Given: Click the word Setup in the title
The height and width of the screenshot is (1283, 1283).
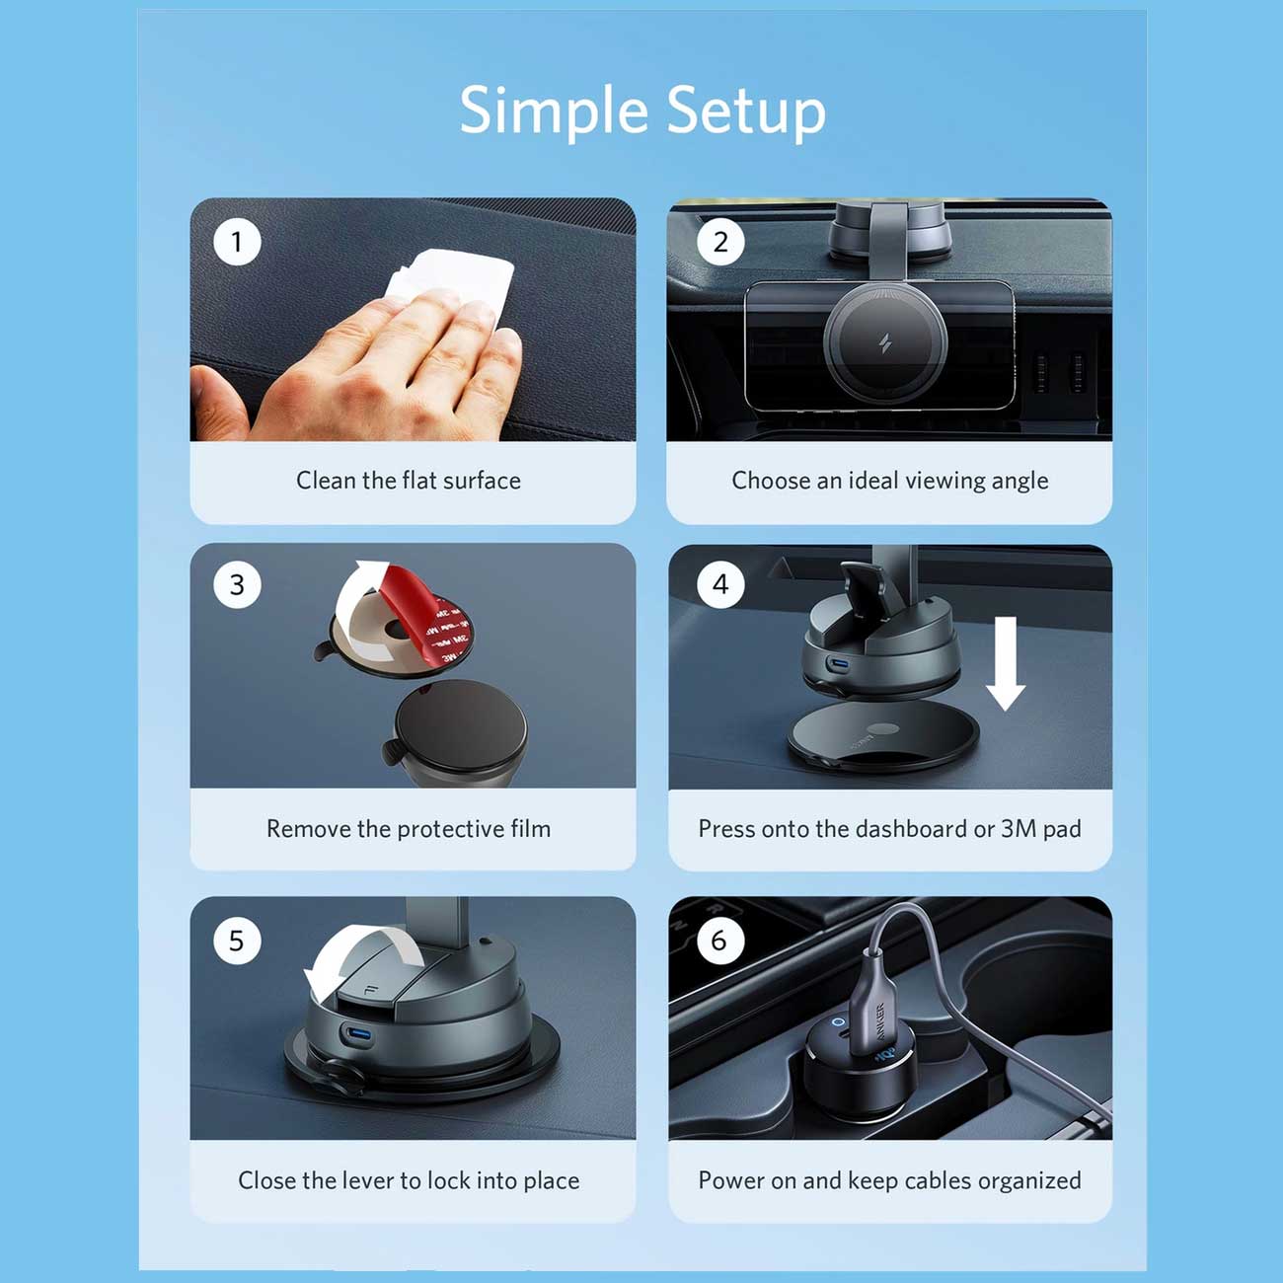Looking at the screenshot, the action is coord(746,111).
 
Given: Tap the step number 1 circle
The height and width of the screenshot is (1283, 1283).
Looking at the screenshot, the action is coord(236,242).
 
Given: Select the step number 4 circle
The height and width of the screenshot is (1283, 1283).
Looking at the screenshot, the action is coord(720,584).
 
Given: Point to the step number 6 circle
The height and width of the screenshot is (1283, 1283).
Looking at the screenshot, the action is coord(719,941).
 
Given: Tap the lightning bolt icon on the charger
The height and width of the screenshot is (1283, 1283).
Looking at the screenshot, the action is coord(885,344).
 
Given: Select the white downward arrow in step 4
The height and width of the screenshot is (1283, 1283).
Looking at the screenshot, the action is coord(1006,662).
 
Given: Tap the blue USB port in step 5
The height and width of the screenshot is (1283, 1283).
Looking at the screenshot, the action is coord(356,1036).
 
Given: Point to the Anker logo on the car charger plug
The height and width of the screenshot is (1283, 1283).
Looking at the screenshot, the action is coord(880,1024).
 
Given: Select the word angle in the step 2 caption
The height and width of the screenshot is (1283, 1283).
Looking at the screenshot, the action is coord(1019,482).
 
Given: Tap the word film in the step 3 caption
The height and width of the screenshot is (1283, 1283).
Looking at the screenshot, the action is coord(531,828).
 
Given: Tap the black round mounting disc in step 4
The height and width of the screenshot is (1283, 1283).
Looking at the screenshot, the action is coord(883,735).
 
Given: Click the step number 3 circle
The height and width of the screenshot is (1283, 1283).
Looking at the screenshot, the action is coord(236,584).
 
